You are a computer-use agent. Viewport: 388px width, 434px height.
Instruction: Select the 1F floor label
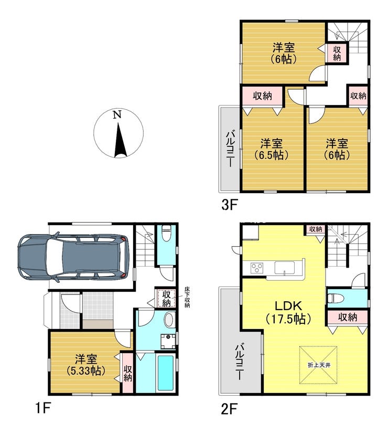point(43,408)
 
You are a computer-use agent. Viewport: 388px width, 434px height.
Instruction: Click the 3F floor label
point(229,205)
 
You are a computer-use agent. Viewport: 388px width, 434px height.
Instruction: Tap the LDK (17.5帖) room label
point(288,312)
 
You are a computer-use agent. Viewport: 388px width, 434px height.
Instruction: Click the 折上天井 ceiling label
point(319,365)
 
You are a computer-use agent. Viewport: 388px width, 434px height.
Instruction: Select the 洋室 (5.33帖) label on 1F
point(86,365)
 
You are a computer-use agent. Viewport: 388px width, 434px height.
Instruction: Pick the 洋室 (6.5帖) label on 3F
point(271,150)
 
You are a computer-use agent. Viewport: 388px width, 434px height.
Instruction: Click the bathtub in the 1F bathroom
point(165,372)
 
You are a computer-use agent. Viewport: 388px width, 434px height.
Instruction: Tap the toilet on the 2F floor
point(335,299)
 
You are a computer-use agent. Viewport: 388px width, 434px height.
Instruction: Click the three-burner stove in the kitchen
point(257,268)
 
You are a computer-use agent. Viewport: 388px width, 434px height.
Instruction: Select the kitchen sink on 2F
point(284,268)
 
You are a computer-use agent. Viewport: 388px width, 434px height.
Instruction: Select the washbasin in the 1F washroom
point(169,320)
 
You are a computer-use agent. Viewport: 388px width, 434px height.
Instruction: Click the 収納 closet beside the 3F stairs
point(337,53)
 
